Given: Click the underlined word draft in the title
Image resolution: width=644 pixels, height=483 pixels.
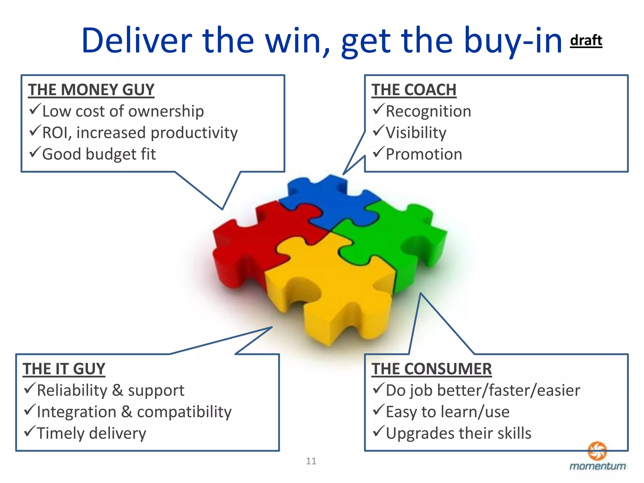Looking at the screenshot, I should (586, 41).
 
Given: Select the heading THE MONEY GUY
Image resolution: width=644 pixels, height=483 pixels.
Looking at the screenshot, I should (91, 90).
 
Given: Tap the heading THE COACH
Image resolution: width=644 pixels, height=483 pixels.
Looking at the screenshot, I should (414, 90).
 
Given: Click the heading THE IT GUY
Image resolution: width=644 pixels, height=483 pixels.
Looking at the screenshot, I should (64, 369).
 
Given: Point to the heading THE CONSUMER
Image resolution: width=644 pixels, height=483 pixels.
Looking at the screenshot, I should (431, 369).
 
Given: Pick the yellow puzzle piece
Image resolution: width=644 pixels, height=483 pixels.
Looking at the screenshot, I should (333, 289).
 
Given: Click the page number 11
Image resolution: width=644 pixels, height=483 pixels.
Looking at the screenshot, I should (311, 461).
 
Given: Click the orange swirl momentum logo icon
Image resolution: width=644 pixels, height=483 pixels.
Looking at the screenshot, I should (597, 450).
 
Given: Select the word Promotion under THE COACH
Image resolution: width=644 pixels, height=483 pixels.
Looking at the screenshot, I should (424, 154).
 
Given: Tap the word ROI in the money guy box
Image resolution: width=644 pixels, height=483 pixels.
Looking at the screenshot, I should (55, 133).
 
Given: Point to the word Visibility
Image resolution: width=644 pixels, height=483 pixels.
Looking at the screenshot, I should (416, 133).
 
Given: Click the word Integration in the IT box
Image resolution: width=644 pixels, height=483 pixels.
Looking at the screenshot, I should (76, 412).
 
